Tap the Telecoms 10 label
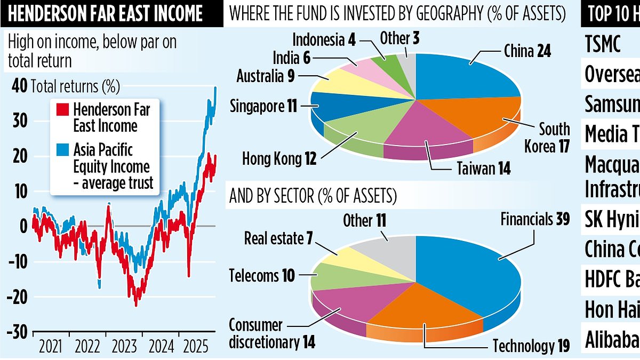[x=262, y=275]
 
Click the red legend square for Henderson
[x=61, y=110]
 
